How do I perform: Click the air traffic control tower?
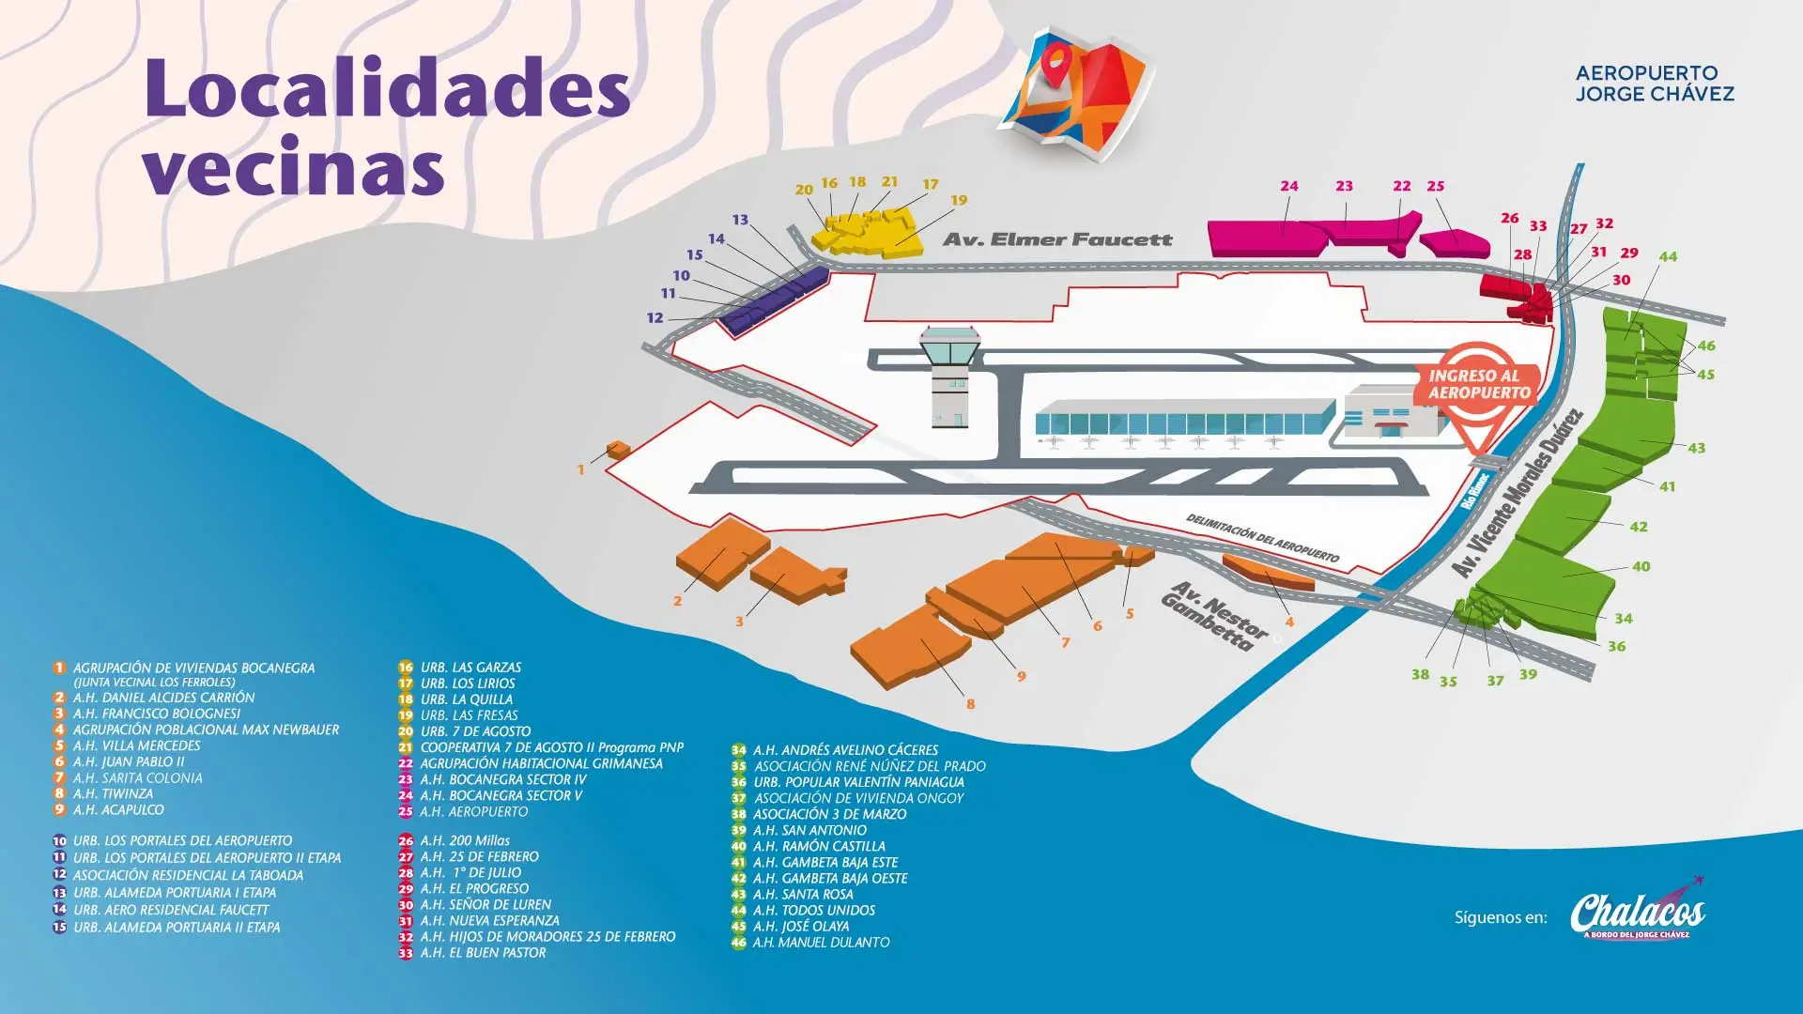point(950,376)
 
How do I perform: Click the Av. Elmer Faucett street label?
point(1057,239)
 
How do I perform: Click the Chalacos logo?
point(1637,912)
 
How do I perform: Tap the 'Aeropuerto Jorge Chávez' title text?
point(1654,83)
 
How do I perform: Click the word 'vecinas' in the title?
point(293,167)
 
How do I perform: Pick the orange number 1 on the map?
point(580,469)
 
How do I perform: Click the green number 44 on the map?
point(1668,256)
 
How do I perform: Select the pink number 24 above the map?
point(1289,186)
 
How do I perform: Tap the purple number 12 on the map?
point(655,318)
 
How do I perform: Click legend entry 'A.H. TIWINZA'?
point(113,793)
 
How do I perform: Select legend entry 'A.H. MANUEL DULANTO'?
point(820,942)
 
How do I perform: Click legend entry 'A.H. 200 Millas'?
point(465,840)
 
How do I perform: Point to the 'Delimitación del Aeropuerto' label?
point(1261,538)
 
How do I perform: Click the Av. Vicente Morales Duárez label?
point(1517,494)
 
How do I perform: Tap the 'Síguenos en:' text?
point(1500,917)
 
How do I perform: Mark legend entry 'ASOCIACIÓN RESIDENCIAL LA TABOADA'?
point(188,875)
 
